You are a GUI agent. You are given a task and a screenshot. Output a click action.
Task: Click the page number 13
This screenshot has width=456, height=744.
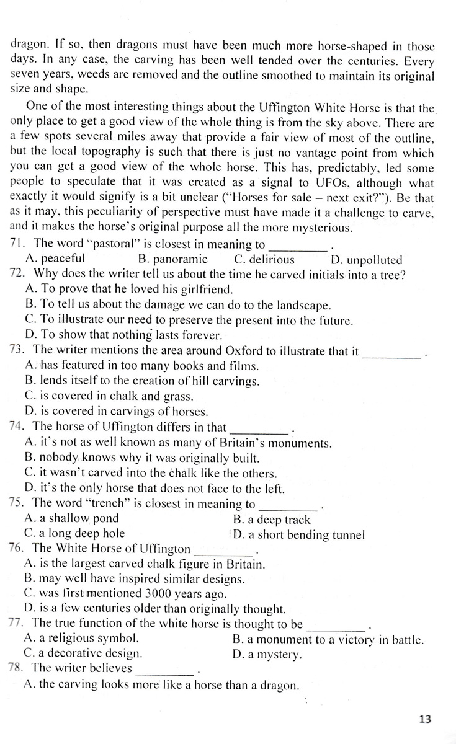425,719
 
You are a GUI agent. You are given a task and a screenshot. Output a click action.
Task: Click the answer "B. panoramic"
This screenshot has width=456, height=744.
172,259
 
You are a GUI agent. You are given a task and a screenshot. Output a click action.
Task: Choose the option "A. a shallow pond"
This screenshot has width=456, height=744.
71,518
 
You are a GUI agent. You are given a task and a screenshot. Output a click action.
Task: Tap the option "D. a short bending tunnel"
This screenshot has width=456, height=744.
298,534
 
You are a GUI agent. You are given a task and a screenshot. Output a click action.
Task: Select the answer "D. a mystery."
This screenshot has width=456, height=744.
267,654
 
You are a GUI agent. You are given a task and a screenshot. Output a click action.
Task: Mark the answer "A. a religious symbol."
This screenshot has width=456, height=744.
81,639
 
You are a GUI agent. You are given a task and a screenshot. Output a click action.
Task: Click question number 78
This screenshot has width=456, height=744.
18,668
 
